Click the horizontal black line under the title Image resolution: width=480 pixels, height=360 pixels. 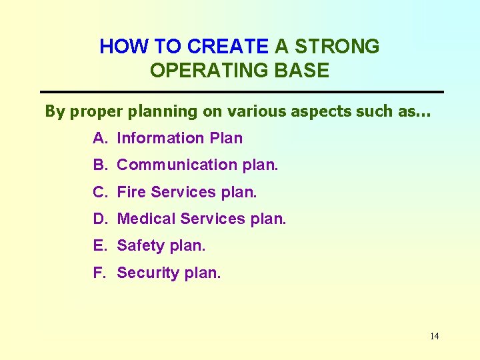(241, 91)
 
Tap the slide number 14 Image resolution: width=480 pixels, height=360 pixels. (434, 336)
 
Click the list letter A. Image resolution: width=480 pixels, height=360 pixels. (100, 139)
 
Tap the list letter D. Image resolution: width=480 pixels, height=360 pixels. (100, 219)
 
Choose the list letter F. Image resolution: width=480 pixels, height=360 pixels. (99, 273)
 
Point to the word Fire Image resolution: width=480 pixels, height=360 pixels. (131, 192)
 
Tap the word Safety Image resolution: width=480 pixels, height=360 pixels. (141, 245)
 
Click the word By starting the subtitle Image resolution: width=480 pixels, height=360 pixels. (55, 112)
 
